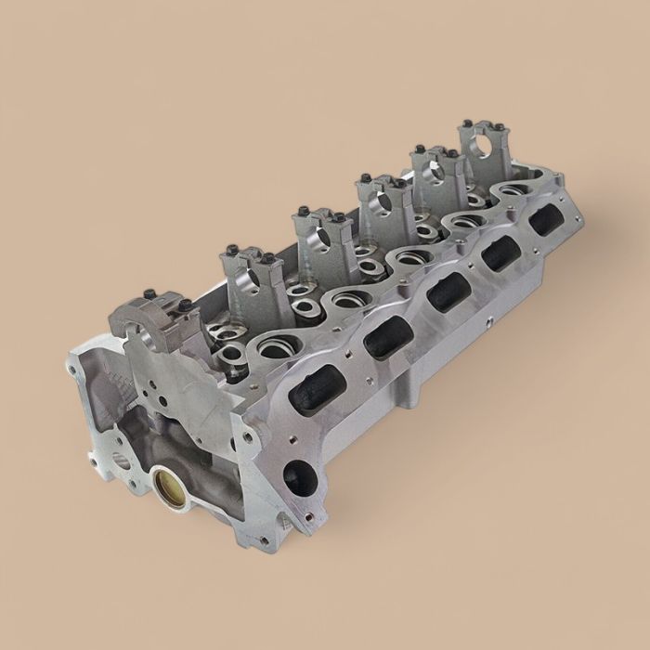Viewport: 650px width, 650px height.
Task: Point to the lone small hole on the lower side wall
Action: [487, 326]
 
